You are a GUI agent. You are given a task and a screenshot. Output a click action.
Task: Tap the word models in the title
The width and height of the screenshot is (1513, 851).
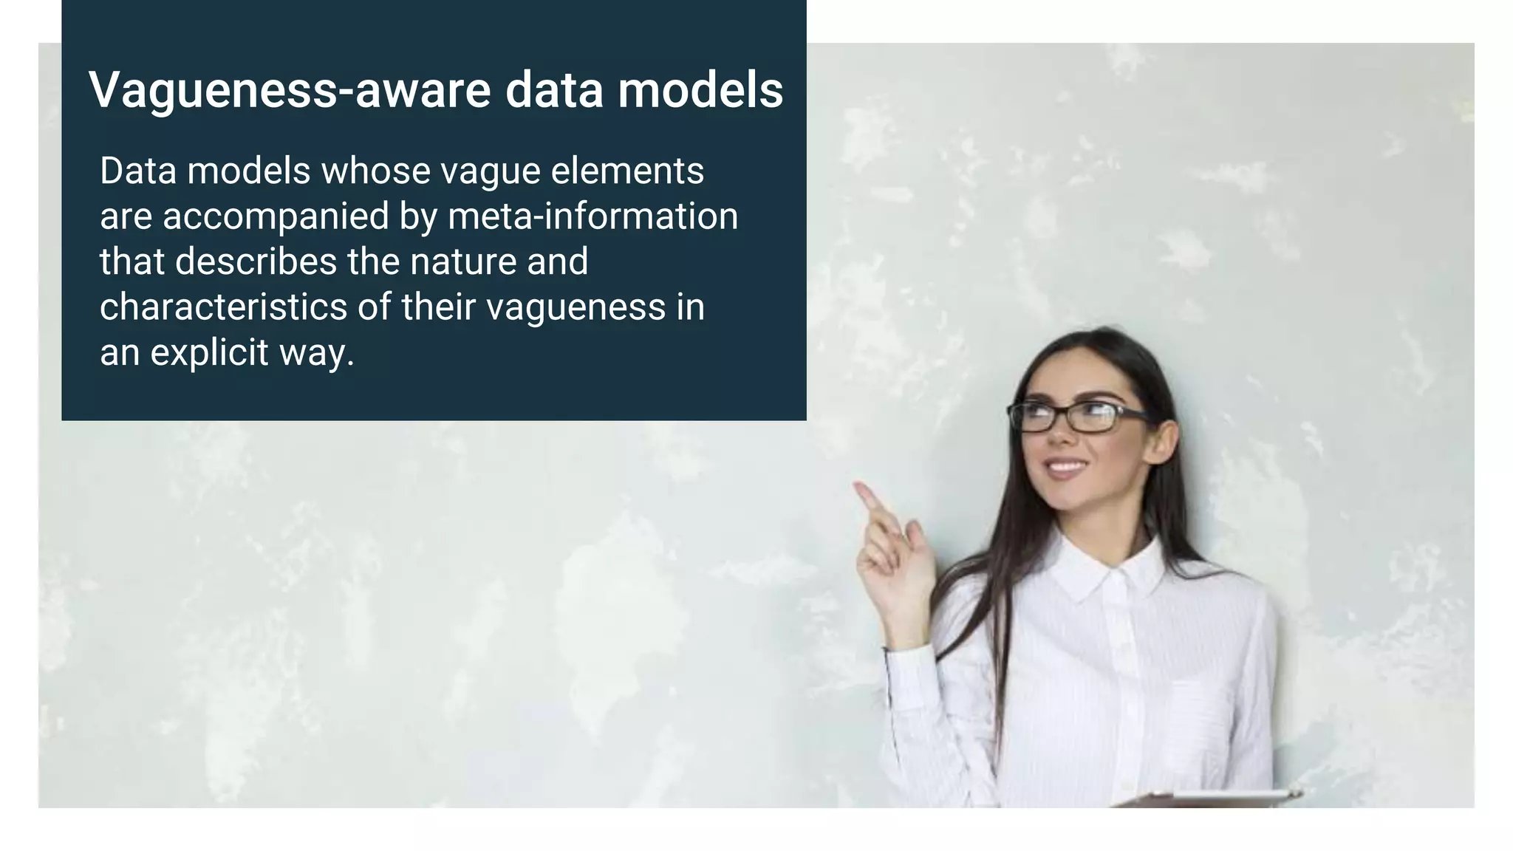pos(700,90)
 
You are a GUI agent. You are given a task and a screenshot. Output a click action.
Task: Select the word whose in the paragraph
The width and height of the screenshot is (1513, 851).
pos(375,171)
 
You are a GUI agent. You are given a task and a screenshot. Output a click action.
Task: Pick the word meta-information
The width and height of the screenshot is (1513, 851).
pos(592,217)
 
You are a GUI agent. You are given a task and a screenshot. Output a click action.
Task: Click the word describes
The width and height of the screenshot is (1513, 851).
pos(256,262)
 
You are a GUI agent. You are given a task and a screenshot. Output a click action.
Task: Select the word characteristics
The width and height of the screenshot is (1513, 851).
pos(223,307)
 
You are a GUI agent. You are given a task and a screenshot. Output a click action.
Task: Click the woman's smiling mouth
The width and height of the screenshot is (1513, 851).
pos(1065,468)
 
